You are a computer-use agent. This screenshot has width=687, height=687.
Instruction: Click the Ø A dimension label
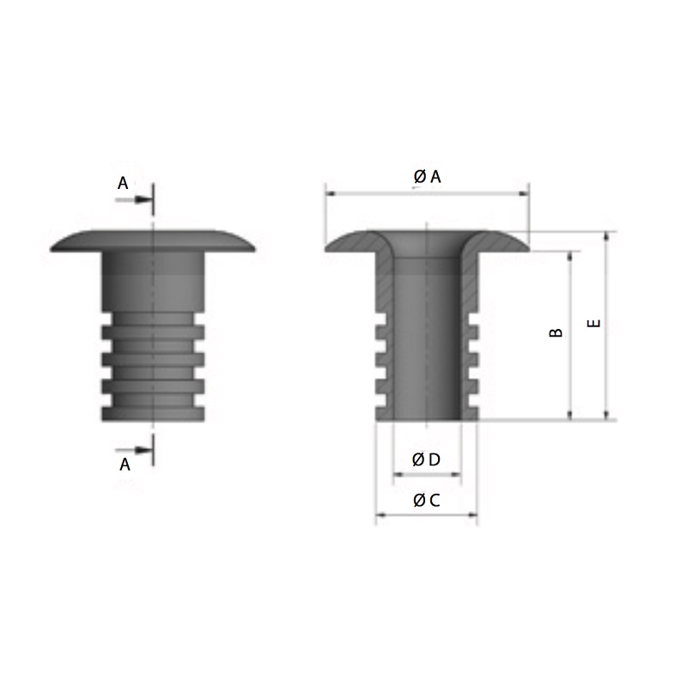coord(427,176)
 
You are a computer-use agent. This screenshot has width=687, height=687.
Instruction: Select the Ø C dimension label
coord(426,500)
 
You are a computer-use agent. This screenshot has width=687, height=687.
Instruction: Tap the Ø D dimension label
coord(426,459)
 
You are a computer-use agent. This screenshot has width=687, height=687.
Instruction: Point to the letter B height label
coord(556,332)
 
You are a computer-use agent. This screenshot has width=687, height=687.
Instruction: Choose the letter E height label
coord(593,324)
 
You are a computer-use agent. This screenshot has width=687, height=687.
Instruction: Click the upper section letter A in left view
coord(123,182)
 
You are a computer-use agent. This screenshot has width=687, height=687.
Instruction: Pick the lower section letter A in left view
coord(125,465)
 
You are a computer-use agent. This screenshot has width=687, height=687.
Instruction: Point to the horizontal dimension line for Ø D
coord(427,474)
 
